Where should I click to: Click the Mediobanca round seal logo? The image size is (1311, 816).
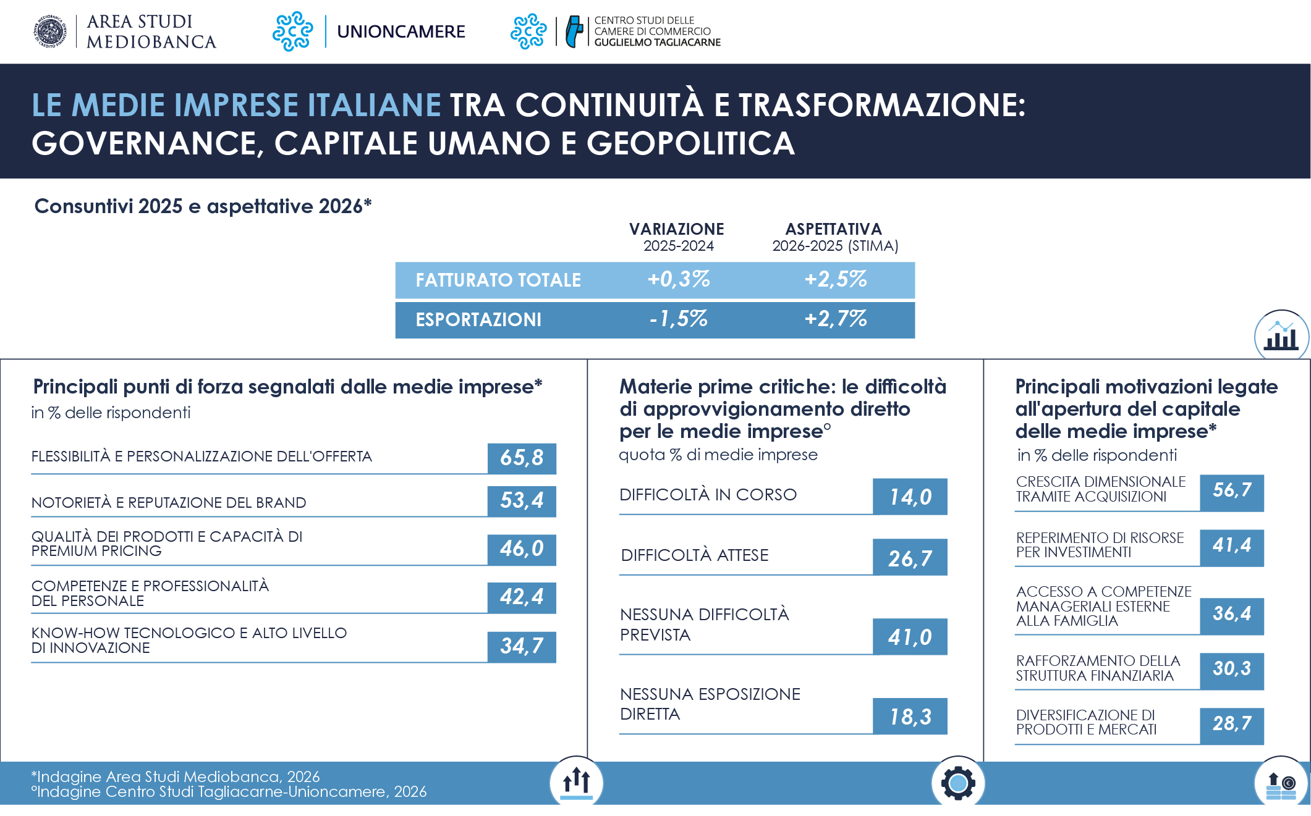(x=50, y=32)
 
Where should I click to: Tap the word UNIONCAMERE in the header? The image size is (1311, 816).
(x=401, y=32)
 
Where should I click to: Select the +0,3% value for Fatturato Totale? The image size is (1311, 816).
(x=679, y=279)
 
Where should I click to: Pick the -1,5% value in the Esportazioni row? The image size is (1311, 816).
(x=679, y=319)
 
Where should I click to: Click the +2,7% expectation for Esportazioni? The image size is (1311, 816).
(x=836, y=319)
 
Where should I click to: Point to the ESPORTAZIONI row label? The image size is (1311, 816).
(x=478, y=319)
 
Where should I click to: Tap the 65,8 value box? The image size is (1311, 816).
(x=522, y=458)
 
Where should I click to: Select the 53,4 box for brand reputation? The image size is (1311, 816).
(x=522, y=501)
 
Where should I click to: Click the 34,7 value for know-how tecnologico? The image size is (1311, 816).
(x=522, y=647)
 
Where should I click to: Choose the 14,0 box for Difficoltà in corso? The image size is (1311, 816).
(x=910, y=497)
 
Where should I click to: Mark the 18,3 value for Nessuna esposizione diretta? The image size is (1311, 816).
(x=910, y=717)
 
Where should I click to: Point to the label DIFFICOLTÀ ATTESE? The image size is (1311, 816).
(x=695, y=555)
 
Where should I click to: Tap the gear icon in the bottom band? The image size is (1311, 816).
(x=958, y=783)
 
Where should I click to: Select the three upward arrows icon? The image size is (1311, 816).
(x=576, y=782)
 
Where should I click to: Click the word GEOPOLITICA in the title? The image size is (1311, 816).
(x=690, y=143)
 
